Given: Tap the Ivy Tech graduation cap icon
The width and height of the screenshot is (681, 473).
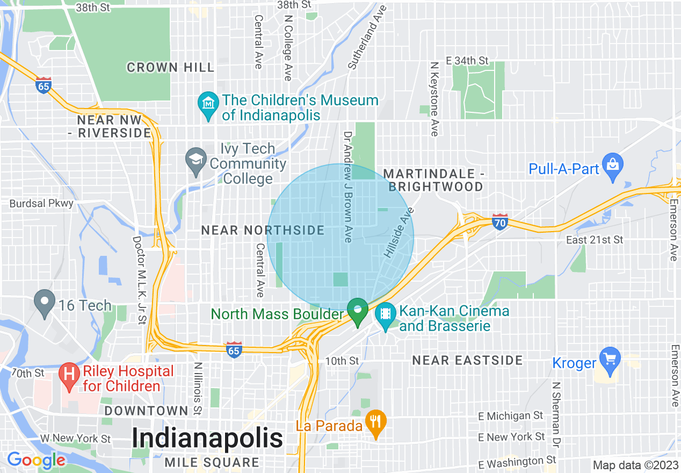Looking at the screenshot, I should pyautogui.click(x=196, y=160).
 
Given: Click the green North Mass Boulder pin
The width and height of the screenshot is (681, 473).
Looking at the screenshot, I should pyautogui.click(x=357, y=311).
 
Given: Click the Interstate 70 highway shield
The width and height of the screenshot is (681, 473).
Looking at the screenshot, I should pyautogui.click(x=499, y=221).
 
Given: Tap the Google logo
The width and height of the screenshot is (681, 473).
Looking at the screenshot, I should pyautogui.click(x=35, y=460).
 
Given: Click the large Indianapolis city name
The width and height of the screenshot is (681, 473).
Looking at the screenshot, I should pyautogui.click(x=207, y=438).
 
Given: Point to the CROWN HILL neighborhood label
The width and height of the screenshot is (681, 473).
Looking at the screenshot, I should pyautogui.click(x=170, y=67).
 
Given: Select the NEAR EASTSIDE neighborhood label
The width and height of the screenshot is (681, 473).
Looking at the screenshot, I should pyautogui.click(x=467, y=360).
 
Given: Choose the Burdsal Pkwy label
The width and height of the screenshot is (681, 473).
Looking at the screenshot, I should pyautogui.click(x=42, y=204).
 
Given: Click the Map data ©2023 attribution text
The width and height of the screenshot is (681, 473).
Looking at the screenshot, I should pyautogui.click(x=635, y=465).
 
